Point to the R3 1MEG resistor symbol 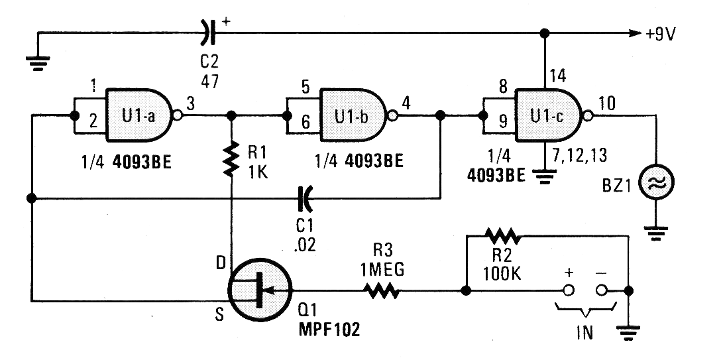click(379, 290)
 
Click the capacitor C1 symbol click(305, 197)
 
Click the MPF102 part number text click(330, 330)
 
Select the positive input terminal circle click(567, 290)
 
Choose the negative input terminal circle click(602, 290)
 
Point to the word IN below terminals click(584, 331)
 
